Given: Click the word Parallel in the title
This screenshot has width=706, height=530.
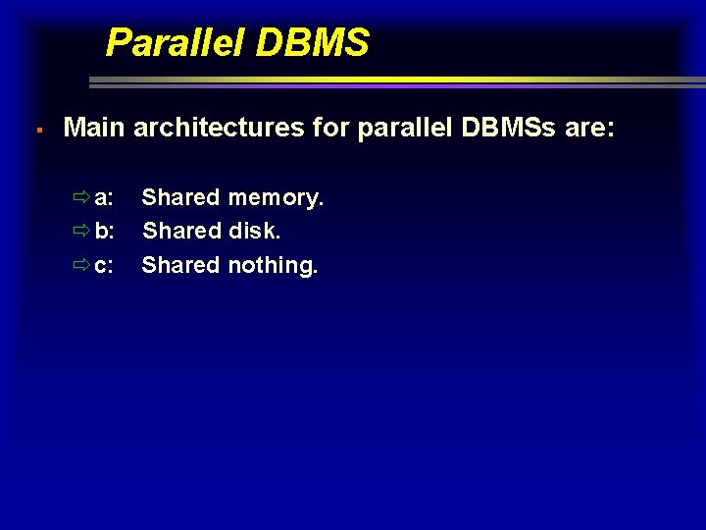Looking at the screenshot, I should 167,43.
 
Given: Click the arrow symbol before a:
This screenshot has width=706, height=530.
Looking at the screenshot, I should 81,198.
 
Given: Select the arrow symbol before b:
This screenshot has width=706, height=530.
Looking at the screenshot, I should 81,232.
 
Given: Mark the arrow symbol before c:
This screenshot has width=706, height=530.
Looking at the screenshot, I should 81,265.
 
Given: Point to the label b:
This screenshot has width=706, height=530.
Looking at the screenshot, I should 104,232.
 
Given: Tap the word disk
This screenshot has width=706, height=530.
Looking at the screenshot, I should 255,232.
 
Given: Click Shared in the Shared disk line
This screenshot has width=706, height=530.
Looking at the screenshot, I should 181,232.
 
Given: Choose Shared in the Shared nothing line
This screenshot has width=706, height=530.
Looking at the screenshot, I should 181,265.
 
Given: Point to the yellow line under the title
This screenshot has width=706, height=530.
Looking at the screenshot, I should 382,79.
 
